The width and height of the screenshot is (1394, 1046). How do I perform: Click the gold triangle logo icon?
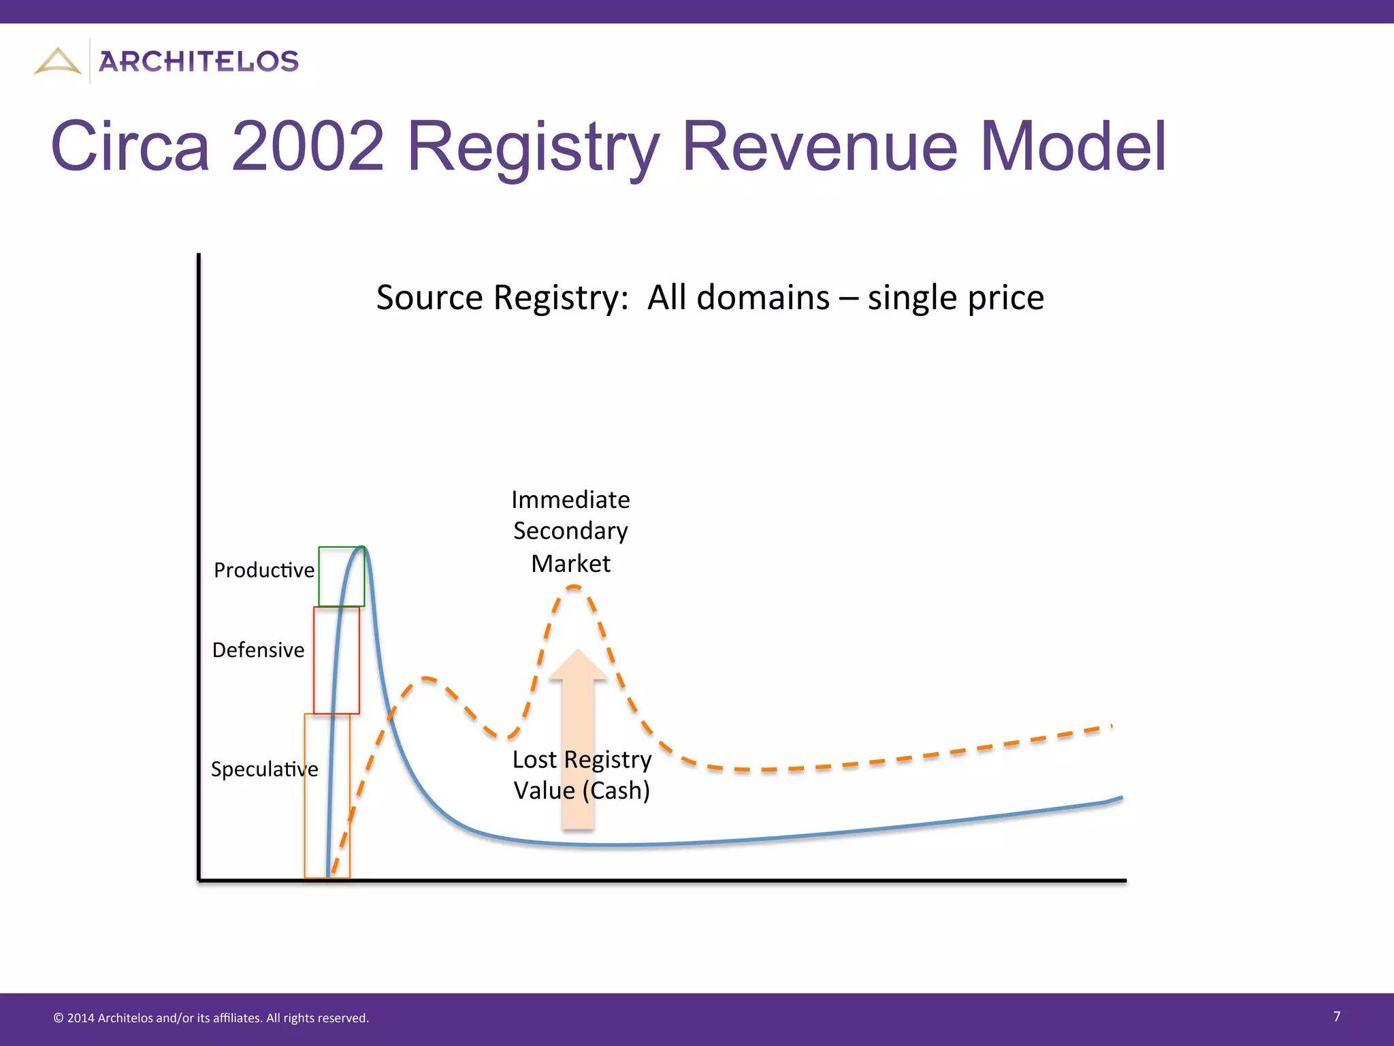(57, 61)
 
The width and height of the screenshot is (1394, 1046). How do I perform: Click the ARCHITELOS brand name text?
(199, 61)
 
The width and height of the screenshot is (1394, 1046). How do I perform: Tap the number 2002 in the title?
(308, 146)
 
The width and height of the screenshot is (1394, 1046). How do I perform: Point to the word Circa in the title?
(130, 146)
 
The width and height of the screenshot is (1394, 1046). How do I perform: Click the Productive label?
(264, 570)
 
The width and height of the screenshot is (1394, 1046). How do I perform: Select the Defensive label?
(258, 650)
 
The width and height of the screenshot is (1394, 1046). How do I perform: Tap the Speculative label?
(264, 770)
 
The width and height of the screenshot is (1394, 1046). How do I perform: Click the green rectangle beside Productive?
(342, 576)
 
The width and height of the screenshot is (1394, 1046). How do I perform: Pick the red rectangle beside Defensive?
(336, 660)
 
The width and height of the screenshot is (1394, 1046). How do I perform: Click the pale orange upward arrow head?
(578, 665)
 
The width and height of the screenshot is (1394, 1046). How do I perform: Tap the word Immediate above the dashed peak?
(570, 500)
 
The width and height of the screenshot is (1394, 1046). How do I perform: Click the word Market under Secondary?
(570, 564)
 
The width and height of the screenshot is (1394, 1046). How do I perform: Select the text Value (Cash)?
(581, 791)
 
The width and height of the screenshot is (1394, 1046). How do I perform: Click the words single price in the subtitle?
(956, 298)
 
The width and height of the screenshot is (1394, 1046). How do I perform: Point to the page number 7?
(1337, 1017)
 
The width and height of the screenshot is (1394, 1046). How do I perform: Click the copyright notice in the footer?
(211, 1018)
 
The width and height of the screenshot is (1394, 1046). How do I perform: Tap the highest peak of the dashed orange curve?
(574, 586)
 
